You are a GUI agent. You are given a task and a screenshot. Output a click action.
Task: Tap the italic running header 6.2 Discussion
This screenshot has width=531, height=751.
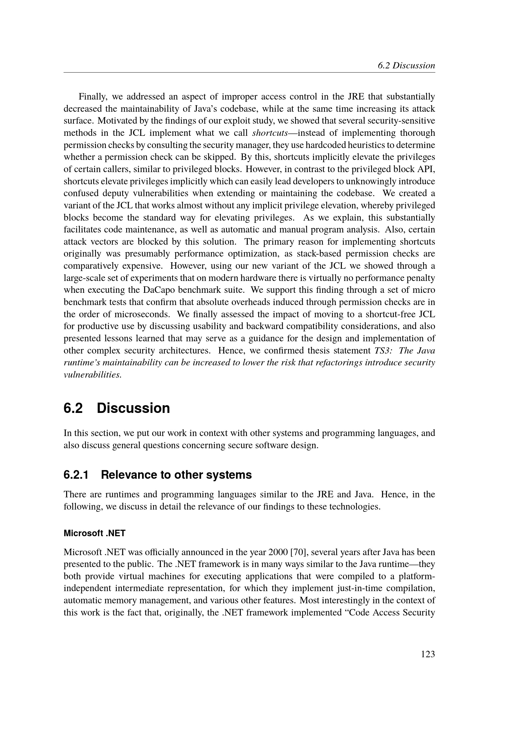406,65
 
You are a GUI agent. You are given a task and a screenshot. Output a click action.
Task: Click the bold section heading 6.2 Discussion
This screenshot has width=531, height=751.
117,408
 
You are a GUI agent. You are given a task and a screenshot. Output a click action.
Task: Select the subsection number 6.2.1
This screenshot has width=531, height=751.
76,475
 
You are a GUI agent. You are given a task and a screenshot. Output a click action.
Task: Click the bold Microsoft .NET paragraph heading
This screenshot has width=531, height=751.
94,533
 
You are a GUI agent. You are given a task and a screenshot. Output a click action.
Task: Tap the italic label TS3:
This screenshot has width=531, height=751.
384,351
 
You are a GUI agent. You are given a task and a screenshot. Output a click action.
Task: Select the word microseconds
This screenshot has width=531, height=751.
142,314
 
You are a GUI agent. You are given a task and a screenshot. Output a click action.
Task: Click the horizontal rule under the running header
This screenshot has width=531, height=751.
249,73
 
